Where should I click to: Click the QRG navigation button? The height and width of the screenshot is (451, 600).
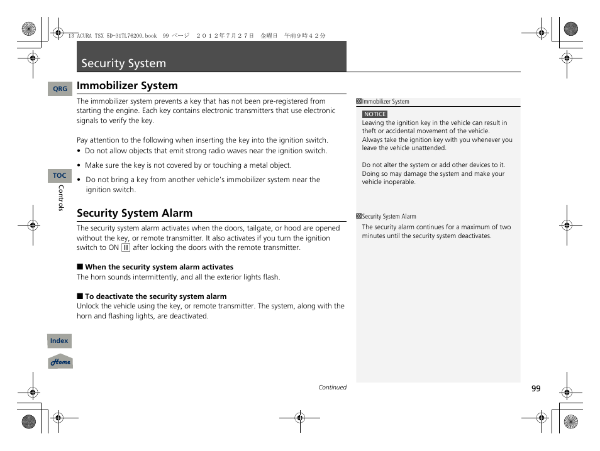tap(60, 89)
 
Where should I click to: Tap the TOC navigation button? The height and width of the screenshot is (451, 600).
tap(59, 176)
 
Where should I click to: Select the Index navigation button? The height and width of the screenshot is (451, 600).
tap(59, 341)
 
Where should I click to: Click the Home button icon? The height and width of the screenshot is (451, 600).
tap(60, 362)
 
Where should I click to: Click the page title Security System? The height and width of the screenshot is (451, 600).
tap(124, 63)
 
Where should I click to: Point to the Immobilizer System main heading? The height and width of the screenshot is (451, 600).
tap(127, 86)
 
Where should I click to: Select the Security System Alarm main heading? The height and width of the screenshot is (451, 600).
tap(135, 213)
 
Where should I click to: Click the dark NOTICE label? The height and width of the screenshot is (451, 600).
tap(375, 114)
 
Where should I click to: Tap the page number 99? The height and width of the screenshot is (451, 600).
tap(535, 389)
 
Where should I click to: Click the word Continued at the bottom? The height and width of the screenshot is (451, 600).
tap(332, 388)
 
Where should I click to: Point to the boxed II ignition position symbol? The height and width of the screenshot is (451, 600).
tap(126, 247)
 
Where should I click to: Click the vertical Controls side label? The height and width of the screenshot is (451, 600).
tap(61, 198)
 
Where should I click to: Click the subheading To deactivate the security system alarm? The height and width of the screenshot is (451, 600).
tap(155, 296)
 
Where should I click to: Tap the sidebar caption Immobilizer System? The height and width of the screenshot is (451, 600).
tap(385, 102)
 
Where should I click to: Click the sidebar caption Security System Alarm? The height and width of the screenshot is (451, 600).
tap(389, 217)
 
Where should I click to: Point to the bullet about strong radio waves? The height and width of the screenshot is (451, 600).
tap(206, 151)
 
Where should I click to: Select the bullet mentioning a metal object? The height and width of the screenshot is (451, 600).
tap(188, 165)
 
